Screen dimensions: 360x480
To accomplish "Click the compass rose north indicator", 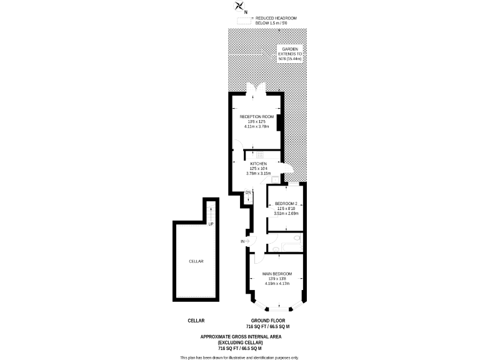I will click(239, 7).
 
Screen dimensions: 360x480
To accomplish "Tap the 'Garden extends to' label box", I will click(290, 54).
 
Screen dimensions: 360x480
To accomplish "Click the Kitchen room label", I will click(257, 164).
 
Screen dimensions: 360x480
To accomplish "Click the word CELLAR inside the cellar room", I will click(196, 261).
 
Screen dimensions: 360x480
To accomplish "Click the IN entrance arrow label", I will click(242, 241).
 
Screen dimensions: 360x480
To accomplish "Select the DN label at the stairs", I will click(247, 192).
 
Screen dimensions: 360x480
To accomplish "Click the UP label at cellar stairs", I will click(211, 224).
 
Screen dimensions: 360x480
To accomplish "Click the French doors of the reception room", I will click(257, 91).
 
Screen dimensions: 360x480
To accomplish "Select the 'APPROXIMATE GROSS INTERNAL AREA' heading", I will click(241, 337).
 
